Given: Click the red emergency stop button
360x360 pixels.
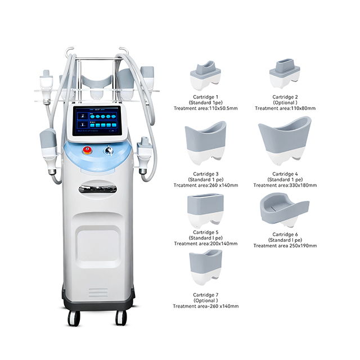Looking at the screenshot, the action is click(88, 150).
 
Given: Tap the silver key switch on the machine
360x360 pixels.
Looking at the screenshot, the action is click(109, 150).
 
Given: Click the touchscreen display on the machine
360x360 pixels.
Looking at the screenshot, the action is click(97, 121).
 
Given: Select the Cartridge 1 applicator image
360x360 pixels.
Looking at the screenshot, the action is click(205, 75).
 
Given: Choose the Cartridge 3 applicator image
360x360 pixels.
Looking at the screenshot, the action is click(205, 143).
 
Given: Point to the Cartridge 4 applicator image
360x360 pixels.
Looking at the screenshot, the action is click(285, 141).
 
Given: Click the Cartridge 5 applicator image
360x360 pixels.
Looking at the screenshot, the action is click(205, 211).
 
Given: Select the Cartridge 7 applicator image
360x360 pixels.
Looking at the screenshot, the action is click(206, 268).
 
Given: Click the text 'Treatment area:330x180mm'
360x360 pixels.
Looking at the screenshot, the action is click(285, 185).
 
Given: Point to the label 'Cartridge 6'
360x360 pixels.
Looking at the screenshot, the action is click(285, 235).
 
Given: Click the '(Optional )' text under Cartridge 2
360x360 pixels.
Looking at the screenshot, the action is click(285, 102).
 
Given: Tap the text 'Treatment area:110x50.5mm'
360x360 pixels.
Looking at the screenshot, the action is click(205, 109).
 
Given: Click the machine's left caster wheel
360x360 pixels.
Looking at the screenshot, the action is click(74, 318).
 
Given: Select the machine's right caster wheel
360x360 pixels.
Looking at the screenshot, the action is click(121, 318).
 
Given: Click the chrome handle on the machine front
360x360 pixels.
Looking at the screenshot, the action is click(97, 189).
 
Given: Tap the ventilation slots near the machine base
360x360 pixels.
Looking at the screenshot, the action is click(98, 292).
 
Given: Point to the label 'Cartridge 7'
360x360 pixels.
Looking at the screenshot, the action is click(206, 295).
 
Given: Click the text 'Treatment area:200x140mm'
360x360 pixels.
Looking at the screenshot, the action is click(206, 244).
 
